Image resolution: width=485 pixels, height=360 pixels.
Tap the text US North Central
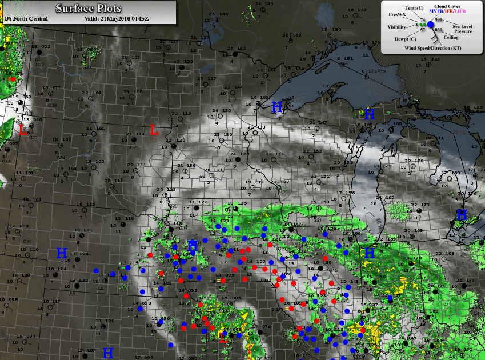tap(26, 18)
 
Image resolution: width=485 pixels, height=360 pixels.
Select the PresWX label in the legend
tap(397, 14)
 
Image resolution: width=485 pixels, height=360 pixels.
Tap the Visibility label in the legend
tap(397, 27)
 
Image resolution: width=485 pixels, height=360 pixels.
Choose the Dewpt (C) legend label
tap(406, 39)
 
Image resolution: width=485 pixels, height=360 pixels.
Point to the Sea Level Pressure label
tap(463, 29)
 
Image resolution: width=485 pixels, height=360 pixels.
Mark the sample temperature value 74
tap(423, 20)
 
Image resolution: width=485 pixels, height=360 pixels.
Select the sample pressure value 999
tap(439, 19)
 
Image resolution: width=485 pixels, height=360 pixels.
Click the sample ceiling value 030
tap(439, 29)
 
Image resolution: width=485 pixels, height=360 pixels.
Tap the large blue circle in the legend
tap(431, 25)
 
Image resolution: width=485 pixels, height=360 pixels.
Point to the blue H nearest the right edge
tap(462, 215)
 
